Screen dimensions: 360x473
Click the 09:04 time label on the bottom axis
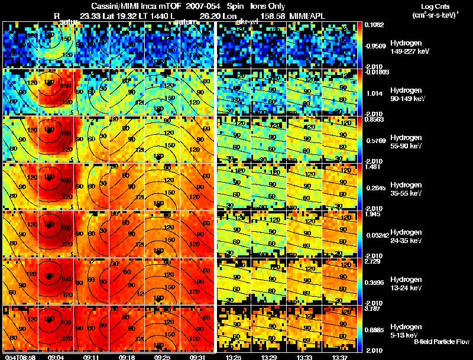pos(56,356)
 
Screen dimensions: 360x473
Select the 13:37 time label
pos(341,356)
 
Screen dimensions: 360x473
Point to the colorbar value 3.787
pos(374,308)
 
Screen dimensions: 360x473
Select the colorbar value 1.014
pos(374,93)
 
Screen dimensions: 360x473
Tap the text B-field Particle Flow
pos(441,342)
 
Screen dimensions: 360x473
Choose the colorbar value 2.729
pos(374,261)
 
